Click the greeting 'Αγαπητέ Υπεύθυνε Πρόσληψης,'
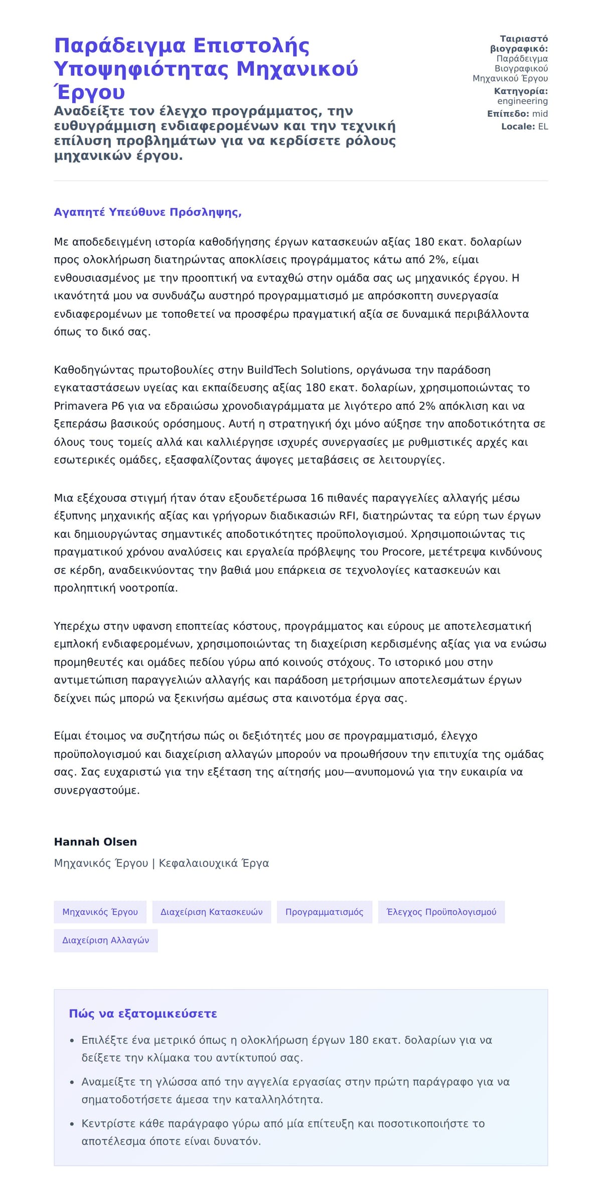pos(147,212)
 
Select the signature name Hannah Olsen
pos(95,842)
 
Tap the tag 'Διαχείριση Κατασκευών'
pos(211,912)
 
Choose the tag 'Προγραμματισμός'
pos(324,912)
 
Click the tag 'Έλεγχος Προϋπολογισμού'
pos(441,912)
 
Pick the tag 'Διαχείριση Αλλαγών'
pos(105,940)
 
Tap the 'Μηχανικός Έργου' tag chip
pos(100,912)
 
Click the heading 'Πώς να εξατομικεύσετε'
pos(143,1014)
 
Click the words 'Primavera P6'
pos(85,406)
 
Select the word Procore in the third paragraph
pos(401,552)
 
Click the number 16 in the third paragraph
pos(317,498)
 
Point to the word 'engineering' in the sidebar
pos(522,101)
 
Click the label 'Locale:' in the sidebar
pos(518,126)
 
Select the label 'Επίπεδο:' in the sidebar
pos(508,114)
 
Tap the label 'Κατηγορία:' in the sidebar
pos(521,91)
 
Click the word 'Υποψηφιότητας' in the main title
pos(141,69)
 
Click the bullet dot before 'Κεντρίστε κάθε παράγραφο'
pos(72,1124)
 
